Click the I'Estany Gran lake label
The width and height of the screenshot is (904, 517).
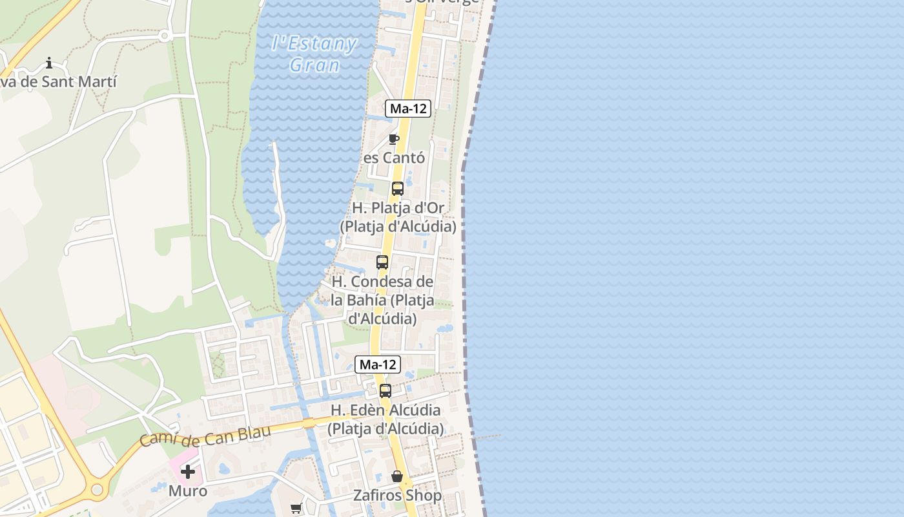coord(314,54)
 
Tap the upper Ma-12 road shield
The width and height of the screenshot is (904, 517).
coord(408,109)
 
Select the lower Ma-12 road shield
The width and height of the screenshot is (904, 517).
coord(378,364)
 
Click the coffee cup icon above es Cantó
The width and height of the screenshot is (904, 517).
coord(394,139)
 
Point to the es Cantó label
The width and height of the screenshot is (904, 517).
coord(394,158)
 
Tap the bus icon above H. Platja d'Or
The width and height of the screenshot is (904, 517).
coord(398,189)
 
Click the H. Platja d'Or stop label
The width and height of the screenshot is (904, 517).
coord(398,217)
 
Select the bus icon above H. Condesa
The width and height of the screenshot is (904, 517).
coord(382,262)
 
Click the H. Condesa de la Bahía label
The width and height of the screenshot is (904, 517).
coord(382,300)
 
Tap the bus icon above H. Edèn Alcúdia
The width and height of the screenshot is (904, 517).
coord(385,391)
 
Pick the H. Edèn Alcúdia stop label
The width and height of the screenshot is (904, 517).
coord(385,419)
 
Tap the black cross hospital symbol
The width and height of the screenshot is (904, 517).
coord(188,472)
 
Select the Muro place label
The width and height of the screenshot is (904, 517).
coord(188,491)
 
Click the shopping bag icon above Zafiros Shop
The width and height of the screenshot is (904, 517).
coord(397,476)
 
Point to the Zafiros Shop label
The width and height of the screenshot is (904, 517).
coord(397,496)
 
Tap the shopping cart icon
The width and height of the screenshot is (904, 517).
coord(296,508)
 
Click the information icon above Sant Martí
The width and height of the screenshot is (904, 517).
coord(49,63)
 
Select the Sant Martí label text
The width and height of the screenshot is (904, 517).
coord(59,82)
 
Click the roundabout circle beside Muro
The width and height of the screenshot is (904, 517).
coord(98,490)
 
